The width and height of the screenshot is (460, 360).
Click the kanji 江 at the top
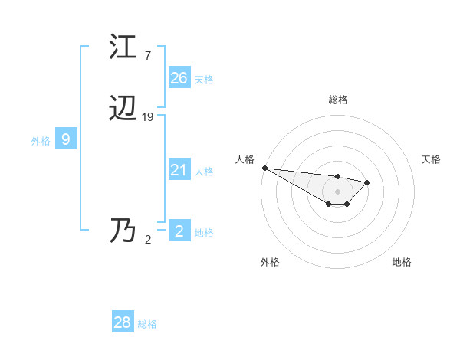click(123, 47)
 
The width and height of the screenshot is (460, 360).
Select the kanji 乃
click(123, 231)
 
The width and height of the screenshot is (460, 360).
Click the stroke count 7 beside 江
click(147, 56)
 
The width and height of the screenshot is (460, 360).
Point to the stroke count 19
click(148, 117)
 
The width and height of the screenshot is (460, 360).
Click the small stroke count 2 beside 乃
click(148, 240)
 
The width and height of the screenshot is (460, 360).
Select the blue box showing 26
click(179, 77)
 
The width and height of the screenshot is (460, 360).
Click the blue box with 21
click(179, 170)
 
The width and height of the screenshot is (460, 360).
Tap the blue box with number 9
click(66, 139)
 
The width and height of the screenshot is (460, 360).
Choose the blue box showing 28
click(123, 322)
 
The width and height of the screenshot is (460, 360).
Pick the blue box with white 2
click(179, 231)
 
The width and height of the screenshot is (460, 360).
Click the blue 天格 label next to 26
click(204, 79)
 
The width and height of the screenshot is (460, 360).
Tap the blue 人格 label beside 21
click(204, 172)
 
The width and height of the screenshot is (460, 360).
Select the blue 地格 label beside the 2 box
click(204, 233)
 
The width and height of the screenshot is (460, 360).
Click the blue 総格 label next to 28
click(147, 324)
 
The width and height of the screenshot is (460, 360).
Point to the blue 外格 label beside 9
click(41, 141)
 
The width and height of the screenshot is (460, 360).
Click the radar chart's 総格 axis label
click(338, 100)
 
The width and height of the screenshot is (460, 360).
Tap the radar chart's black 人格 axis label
click(245, 159)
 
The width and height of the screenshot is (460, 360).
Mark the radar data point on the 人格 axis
click(264, 168)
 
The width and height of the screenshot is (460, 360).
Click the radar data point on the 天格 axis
click(367, 182)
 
